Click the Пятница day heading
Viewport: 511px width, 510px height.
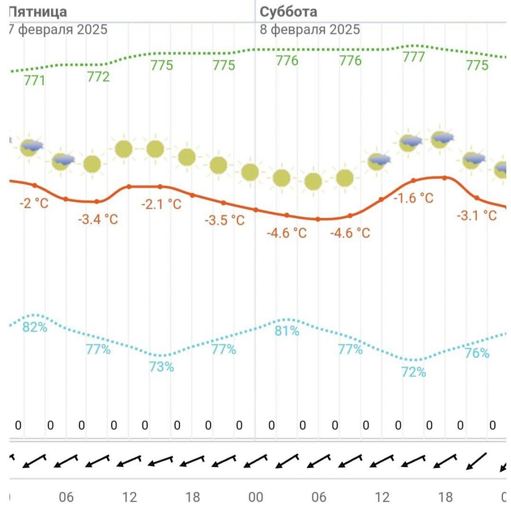[38, 11]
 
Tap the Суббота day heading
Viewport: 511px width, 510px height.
[288, 11]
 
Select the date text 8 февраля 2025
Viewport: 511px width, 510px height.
[310, 29]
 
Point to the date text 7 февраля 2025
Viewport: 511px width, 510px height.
[58, 29]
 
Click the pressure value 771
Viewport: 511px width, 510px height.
[34, 80]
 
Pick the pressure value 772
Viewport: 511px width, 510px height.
[98, 77]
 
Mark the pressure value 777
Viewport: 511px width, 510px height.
[414, 57]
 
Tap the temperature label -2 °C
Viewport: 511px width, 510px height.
[34, 203]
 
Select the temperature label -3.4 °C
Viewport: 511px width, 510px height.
[98, 220]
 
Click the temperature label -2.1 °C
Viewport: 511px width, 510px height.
[161, 204]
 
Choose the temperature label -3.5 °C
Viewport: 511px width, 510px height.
[225, 220]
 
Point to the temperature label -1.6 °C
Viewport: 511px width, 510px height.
[413, 198]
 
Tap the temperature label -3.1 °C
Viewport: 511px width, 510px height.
[477, 215]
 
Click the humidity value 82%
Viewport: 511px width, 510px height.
[35, 327]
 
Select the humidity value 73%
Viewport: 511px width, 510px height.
[161, 367]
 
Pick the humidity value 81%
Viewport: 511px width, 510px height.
[287, 331]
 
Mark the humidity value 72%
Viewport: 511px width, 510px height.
[413, 372]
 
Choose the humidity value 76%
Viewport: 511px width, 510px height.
[477, 353]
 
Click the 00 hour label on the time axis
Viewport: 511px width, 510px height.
[256, 497]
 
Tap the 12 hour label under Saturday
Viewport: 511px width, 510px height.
[382, 497]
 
